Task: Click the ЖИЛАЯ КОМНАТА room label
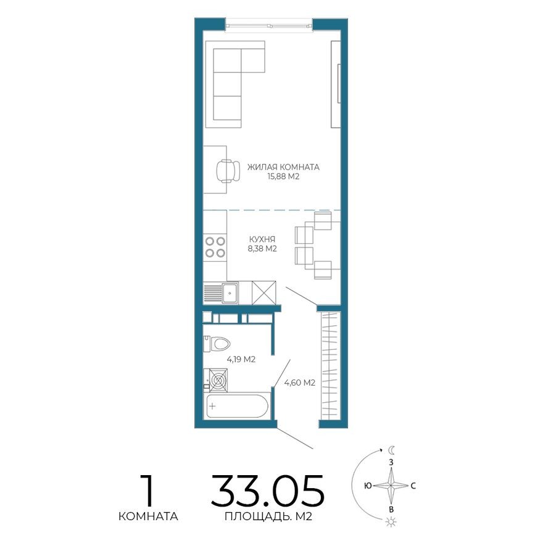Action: pos(283,167)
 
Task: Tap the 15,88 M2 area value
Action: pos(283,176)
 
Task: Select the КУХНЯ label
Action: pos(262,239)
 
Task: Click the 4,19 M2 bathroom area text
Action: pos(241,359)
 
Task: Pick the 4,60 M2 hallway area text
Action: pos(300,383)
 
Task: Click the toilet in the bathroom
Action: pos(218,342)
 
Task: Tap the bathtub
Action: pos(237,407)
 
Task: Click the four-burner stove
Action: pos(215,247)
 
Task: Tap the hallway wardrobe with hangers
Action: pos(330,368)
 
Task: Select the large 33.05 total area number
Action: pos(267,491)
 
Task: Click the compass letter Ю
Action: pos(368,486)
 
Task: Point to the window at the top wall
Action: pos(268,25)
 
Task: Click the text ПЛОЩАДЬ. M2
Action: pos(268,516)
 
